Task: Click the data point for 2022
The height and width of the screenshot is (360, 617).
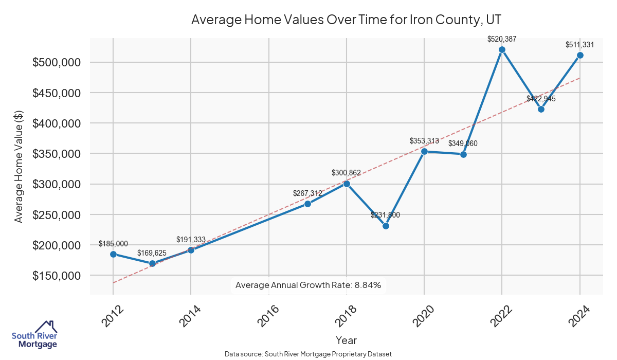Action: (x=502, y=50)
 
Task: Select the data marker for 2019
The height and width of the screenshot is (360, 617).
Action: (x=386, y=226)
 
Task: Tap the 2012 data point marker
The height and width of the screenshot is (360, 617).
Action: (x=113, y=254)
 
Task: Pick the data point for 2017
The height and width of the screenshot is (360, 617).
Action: (x=307, y=204)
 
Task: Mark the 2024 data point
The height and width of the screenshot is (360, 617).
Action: (x=580, y=55)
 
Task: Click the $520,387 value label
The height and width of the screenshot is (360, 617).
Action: (x=502, y=39)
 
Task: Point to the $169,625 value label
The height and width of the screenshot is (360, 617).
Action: (x=152, y=253)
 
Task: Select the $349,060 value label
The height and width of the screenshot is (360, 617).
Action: (x=463, y=143)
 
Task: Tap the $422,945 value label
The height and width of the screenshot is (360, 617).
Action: (x=541, y=98)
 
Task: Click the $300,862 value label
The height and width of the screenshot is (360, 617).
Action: (x=347, y=173)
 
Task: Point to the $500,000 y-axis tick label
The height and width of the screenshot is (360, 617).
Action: (x=57, y=62)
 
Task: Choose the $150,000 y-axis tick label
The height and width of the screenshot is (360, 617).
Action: (x=57, y=276)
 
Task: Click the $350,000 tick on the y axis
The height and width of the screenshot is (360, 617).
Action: (x=57, y=154)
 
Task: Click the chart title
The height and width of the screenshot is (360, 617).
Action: (x=346, y=20)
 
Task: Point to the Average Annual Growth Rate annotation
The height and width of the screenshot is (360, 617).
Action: (x=308, y=285)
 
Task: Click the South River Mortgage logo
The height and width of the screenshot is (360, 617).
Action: (x=34, y=335)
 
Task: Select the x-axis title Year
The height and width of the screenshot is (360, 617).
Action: (x=346, y=340)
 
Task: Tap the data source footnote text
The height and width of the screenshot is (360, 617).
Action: (x=308, y=354)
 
